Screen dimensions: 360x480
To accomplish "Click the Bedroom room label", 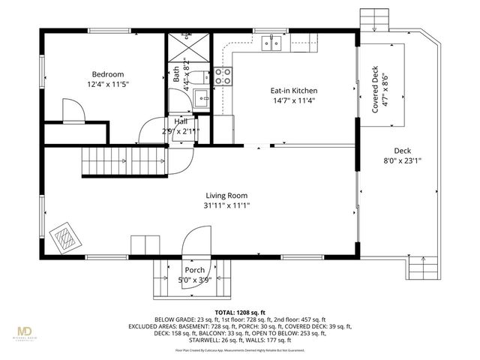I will pyautogui.click(x=107, y=74).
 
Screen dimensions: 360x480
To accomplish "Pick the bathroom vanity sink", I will pyautogui.click(x=201, y=97).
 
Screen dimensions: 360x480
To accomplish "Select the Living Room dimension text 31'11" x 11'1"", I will pyautogui.click(x=227, y=205).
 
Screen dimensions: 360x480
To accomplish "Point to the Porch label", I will pyautogui.click(x=194, y=270).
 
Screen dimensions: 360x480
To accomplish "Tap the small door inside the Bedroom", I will pyautogui.click(x=73, y=113).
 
